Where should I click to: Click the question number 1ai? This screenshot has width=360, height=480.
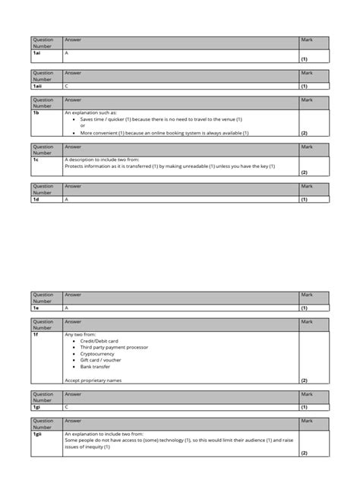point(36,53)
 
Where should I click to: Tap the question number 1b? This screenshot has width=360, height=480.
point(35,112)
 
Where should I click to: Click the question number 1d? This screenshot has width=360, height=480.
point(35,199)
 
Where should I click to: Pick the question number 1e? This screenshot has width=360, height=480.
point(35,308)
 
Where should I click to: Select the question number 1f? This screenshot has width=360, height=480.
point(34,334)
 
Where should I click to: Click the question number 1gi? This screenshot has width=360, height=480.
point(36,406)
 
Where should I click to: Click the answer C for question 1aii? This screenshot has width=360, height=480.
point(67,87)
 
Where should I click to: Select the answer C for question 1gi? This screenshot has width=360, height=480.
point(67,406)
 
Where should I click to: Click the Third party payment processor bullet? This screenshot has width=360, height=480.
point(113,347)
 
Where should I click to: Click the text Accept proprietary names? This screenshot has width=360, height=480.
point(93,380)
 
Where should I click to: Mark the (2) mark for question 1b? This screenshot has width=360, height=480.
point(304,133)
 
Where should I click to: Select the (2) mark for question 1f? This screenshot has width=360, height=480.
point(304,380)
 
